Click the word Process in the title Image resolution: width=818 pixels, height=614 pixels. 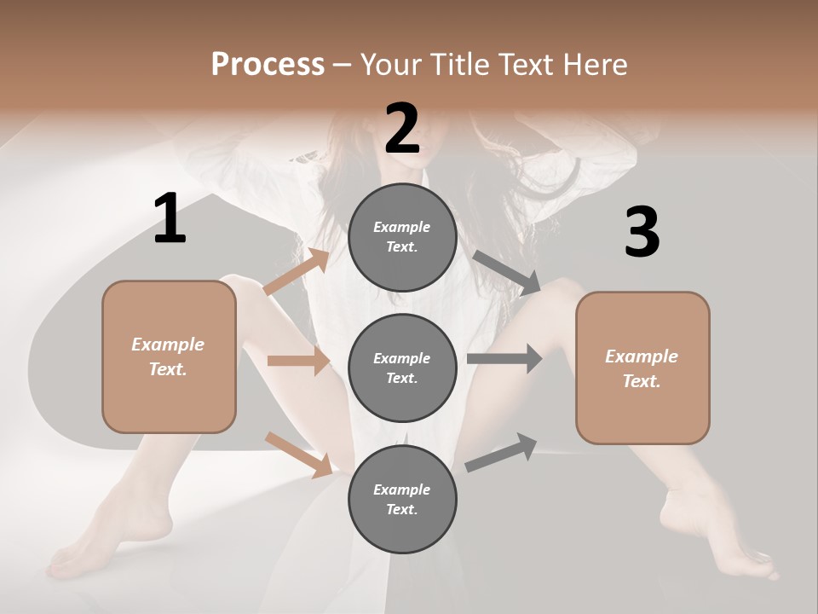coord(268,64)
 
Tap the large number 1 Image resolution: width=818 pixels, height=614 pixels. coord(170,218)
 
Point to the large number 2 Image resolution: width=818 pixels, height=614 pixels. coord(402,129)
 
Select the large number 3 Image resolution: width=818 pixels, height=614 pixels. coord(642,232)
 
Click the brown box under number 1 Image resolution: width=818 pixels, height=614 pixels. coord(169,356)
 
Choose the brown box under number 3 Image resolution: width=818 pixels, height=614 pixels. coord(642,368)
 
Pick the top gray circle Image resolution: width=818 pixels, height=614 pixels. coord(402,237)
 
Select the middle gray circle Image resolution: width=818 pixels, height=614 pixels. coord(402,368)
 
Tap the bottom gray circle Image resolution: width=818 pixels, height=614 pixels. coord(402,500)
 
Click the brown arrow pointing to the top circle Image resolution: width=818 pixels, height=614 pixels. coord(297,272)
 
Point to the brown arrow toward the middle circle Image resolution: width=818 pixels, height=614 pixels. coord(298,361)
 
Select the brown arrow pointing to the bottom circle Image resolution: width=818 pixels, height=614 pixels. coord(298,454)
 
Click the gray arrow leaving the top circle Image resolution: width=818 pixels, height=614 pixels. coord(507,273)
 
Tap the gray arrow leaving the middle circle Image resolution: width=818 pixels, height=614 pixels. coord(504,358)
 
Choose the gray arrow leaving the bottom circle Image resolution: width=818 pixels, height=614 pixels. coord(501,453)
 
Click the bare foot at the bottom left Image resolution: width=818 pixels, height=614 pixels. coord(81,554)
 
